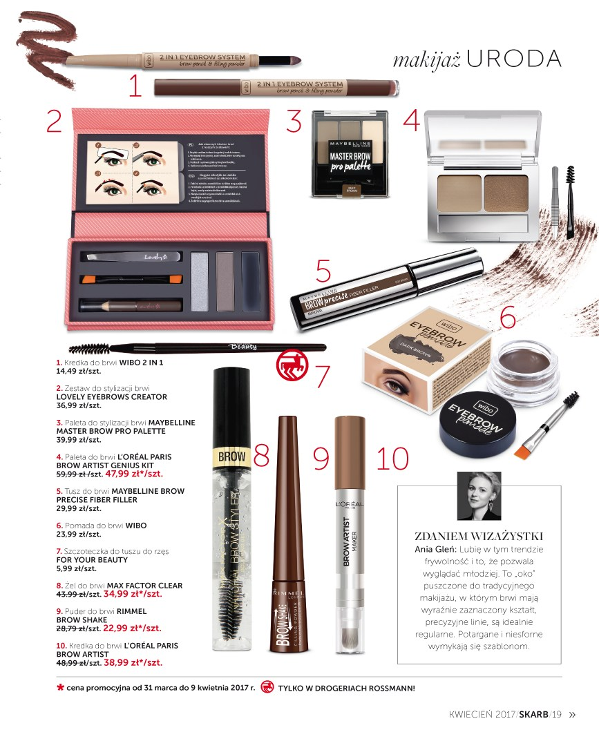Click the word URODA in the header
(514, 59)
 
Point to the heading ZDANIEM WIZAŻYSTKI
(479, 536)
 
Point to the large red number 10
(393, 458)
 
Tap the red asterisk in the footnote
(61, 688)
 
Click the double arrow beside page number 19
(571, 715)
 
